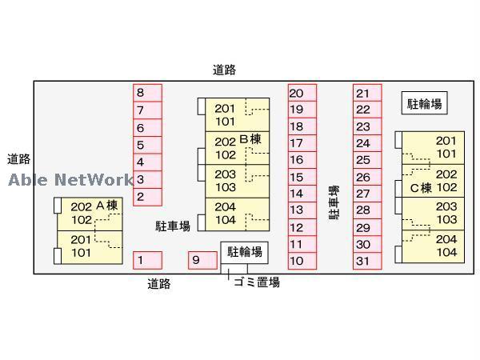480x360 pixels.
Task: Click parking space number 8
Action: click(147, 93)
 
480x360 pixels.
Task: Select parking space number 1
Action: click(147, 260)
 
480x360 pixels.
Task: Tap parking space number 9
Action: click(203, 260)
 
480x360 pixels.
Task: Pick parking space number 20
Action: click(302, 93)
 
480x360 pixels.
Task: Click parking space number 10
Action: click(302, 260)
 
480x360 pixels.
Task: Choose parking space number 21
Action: click(366, 93)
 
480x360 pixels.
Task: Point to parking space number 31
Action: click(366, 260)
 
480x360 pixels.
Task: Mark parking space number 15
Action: click(302, 177)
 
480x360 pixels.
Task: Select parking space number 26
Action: click(366, 177)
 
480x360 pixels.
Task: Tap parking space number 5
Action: click(147, 145)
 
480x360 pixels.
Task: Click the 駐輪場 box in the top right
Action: click(424, 102)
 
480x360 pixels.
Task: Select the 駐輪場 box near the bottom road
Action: click(244, 252)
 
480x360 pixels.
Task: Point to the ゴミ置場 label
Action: click(256, 282)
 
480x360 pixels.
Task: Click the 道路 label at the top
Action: click(225, 70)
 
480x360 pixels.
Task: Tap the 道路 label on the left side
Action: click(19, 158)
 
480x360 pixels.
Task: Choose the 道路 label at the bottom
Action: click(158, 282)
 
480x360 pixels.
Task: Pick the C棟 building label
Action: click(421, 188)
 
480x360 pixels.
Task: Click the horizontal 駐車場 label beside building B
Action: click(173, 226)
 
